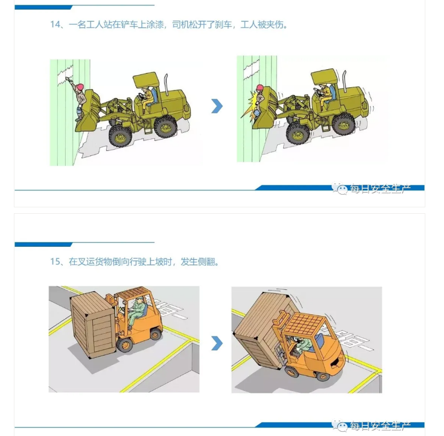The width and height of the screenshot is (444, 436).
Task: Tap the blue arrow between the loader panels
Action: [x=217, y=106]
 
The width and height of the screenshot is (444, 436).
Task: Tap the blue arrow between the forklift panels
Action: [x=217, y=343]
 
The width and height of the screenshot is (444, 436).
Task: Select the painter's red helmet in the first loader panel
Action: [x=80, y=87]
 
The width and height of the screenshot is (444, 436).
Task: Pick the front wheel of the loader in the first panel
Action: [x=120, y=134]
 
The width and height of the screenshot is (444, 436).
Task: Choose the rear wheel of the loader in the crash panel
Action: [x=343, y=123]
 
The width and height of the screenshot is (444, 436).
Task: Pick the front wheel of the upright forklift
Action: [x=125, y=344]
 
